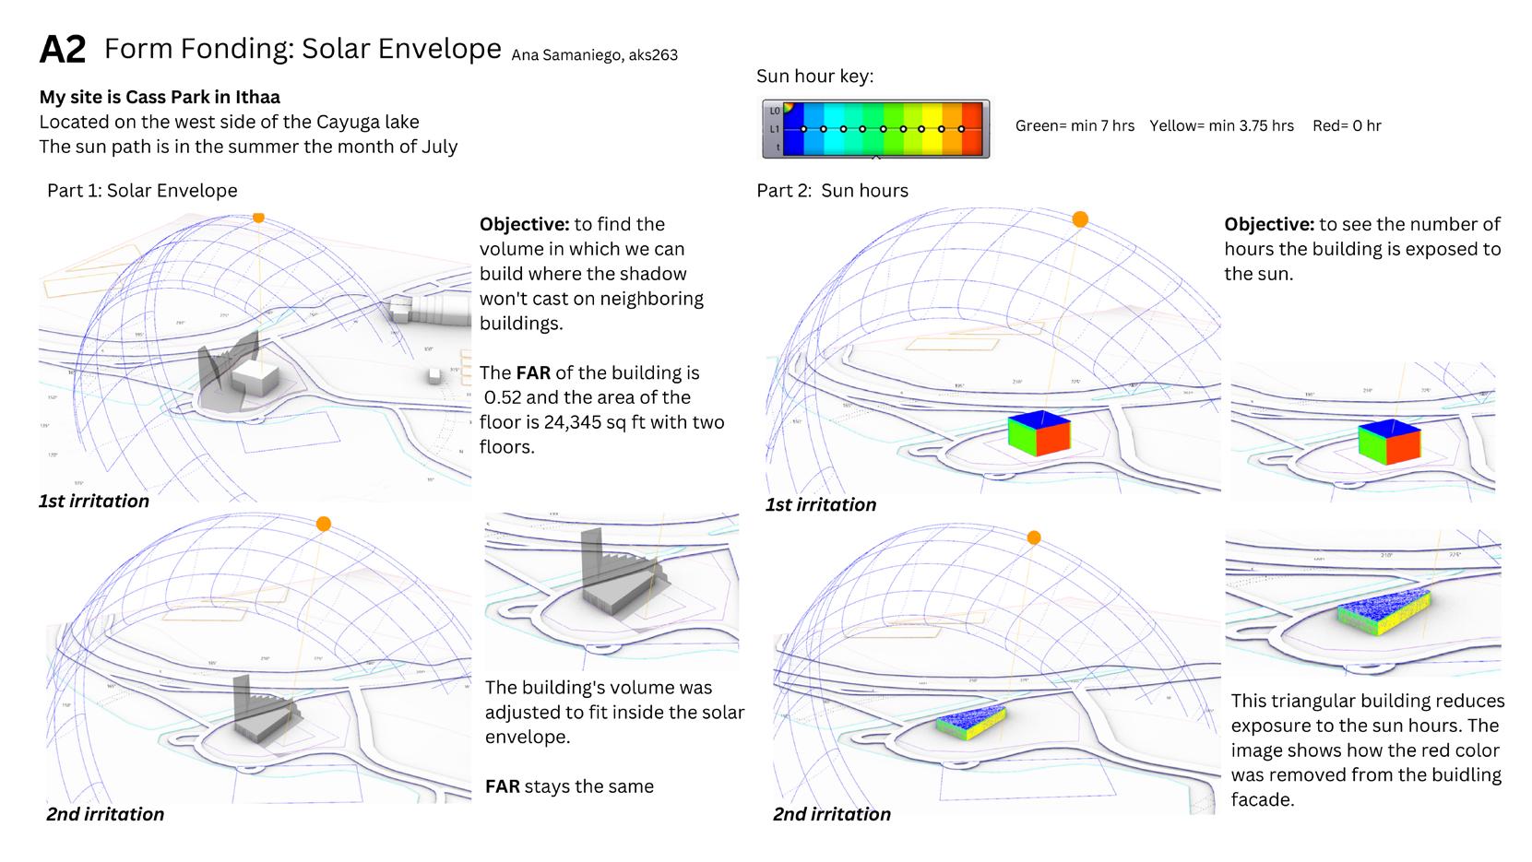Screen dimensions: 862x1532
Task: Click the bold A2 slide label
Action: click(63, 50)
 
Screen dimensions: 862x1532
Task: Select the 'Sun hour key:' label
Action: click(814, 77)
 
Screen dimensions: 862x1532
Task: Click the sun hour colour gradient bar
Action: click(874, 129)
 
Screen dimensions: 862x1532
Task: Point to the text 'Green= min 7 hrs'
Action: click(1075, 126)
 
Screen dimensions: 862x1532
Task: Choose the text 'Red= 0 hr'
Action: click(1347, 126)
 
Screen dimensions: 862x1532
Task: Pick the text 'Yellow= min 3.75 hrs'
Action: click(1221, 126)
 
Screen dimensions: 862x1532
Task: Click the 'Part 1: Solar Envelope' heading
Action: click(142, 191)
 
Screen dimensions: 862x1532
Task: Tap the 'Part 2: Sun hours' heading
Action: click(832, 191)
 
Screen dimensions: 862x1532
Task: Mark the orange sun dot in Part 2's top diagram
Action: click(1080, 219)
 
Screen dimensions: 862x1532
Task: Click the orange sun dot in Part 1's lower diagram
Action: click(323, 524)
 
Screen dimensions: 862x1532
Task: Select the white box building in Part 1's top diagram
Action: click(254, 378)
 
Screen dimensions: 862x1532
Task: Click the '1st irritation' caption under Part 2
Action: click(821, 505)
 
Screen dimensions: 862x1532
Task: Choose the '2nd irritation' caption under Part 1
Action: click(105, 814)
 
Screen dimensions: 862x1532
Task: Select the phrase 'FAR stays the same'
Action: click(569, 786)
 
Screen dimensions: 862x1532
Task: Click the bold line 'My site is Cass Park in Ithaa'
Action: click(160, 98)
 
